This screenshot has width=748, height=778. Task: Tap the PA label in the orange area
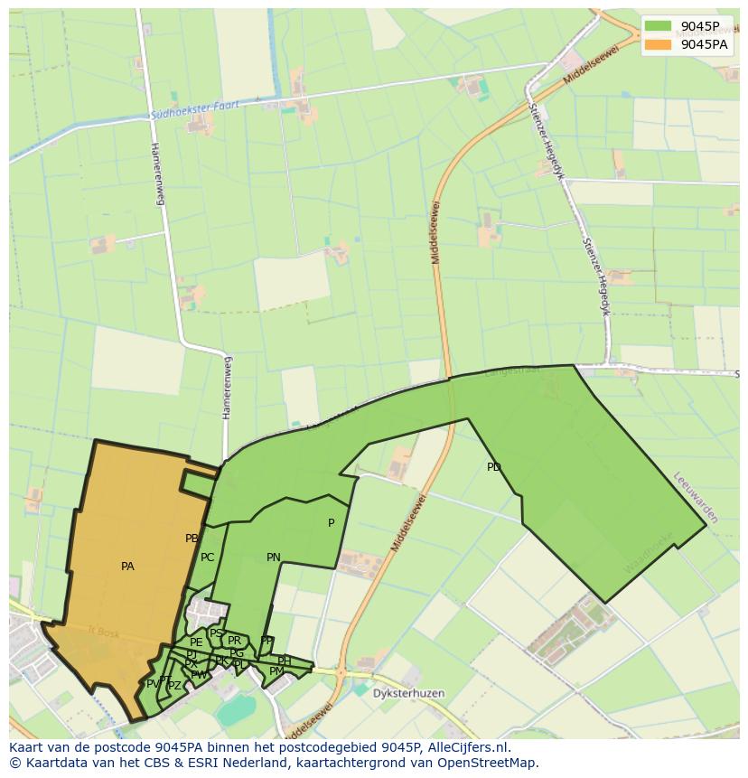pyautogui.click(x=127, y=567)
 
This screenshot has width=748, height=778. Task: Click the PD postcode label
pyautogui.click(x=493, y=467)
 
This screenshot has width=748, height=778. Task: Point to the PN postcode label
pyautogui.click(x=274, y=558)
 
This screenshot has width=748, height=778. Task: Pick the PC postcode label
pyautogui.click(x=207, y=558)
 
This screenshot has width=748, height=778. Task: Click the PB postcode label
pyautogui.click(x=192, y=539)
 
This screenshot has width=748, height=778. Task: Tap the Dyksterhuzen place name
pyautogui.click(x=397, y=692)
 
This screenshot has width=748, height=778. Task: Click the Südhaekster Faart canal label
pyautogui.click(x=195, y=111)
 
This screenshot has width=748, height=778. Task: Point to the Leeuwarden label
pyautogui.click(x=697, y=497)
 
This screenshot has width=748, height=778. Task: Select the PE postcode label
pyautogui.click(x=196, y=642)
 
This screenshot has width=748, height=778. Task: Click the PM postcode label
pyautogui.click(x=276, y=670)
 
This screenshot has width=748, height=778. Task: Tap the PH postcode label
pyautogui.click(x=284, y=661)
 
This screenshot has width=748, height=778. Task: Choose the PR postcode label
pyautogui.click(x=234, y=641)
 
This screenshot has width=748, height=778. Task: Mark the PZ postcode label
pyautogui.click(x=174, y=686)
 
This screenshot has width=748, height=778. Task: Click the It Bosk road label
pyautogui.click(x=105, y=631)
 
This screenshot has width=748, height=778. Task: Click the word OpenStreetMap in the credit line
pyautogui.click(x=494, y=763)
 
